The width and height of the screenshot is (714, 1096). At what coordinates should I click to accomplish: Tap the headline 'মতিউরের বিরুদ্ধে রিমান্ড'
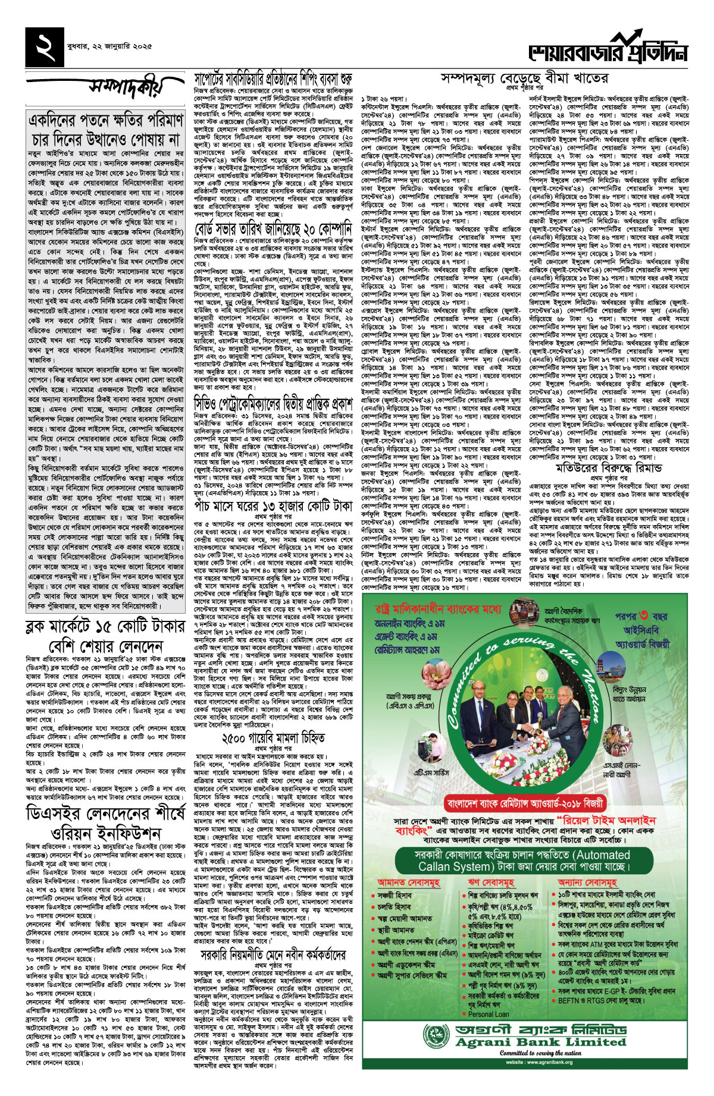tap(606, 468)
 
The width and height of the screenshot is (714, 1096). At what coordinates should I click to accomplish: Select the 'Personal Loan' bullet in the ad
tap(488, 1014)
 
